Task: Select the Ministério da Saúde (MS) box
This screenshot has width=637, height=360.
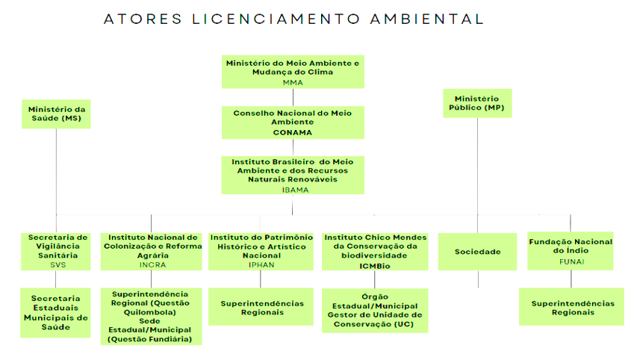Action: click(x=55, y=114)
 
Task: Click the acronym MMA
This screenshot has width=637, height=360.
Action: click(x=292, y=83)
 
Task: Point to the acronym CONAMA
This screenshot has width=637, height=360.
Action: click(x=292, y=132)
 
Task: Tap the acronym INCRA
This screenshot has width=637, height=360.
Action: click(x=152, y=264)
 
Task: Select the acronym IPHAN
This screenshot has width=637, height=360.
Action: click(x=261, y=264)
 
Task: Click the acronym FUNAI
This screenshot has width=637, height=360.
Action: click(x=571, y=261)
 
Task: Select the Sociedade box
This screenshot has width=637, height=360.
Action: click(x=477, y=252)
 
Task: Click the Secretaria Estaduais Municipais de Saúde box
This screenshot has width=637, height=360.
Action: click(x=56, y=312)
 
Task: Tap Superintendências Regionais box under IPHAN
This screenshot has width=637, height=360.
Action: click(x=261, y=308)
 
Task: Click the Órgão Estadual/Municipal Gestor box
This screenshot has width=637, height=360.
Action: click(x=376, y=310)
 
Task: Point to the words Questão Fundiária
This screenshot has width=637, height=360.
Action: click(x=152, y=339)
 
